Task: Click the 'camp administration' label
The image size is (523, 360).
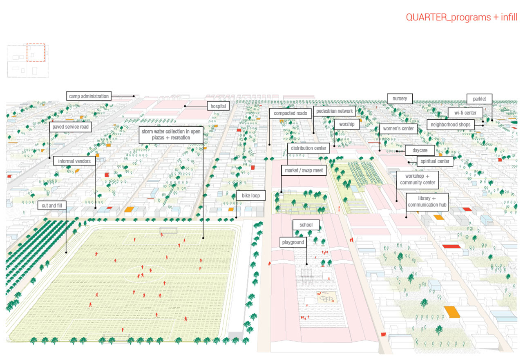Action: [89, 96]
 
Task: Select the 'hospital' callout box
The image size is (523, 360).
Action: [218, 106]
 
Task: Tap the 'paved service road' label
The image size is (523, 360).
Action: [70, 127]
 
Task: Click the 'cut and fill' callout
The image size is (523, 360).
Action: [52, 205]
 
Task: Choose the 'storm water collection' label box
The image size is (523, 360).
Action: [171, 135]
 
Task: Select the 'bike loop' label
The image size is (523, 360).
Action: [250, 196]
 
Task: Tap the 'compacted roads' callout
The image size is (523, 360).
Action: [290, 113]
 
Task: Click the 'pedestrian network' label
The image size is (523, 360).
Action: [334, 111]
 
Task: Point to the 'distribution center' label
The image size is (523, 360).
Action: [308, 148]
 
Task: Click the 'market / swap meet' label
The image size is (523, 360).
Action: [304, 170]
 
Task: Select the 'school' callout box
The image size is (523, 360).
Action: [306, 225]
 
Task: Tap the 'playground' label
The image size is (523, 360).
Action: [293, 242]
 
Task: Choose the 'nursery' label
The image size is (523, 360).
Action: [400, 98]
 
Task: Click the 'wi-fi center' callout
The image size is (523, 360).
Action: [465, 112]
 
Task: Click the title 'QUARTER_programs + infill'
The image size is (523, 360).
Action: [461, 17]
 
